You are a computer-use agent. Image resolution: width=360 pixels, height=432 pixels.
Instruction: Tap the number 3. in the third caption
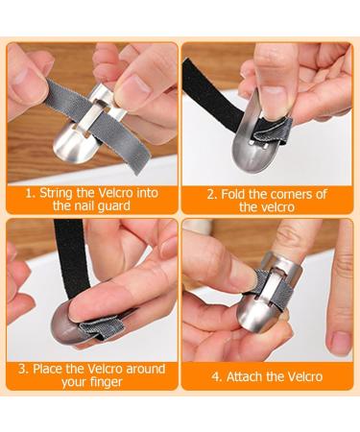coord(24,369)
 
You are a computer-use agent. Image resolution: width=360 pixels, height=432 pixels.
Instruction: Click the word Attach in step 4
coord(250,376)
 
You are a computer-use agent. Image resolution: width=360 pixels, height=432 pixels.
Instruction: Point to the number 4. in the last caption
coord(217,376)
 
